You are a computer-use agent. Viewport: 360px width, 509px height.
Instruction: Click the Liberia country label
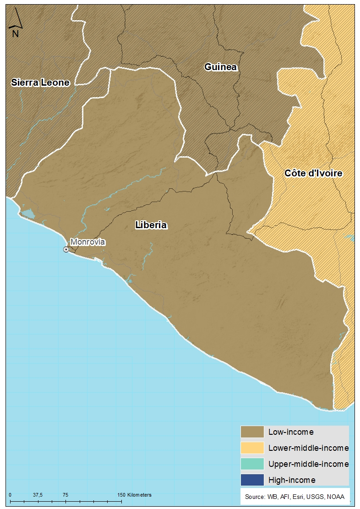tap(151, 225)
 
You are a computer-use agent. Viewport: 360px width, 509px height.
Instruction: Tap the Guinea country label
tap(221, 67)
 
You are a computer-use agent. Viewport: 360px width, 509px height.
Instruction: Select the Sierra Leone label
tap(40, 82)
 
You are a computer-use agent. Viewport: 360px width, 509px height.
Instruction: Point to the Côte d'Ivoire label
tap(313, 173)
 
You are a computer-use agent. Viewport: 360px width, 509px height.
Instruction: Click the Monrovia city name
tap(87, 242)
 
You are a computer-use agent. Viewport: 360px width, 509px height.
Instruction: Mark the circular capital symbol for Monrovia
tap(66, 249)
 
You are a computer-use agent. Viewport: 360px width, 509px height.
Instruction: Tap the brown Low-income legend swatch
tap(252, 432)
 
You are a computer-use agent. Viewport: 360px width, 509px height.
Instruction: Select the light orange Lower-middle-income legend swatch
tap(252, 448)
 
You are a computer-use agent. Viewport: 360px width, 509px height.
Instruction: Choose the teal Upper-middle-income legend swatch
tap(252, 464)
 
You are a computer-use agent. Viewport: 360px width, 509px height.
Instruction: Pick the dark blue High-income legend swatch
tap(252, 480)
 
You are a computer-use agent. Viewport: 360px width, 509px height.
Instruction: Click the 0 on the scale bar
tap(10, 495)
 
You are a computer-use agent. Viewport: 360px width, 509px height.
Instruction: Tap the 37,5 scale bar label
tap(38, 495)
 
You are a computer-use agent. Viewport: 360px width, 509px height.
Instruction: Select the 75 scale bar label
tap(65, 495)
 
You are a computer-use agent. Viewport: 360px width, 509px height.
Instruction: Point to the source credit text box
tap(295, 497)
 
